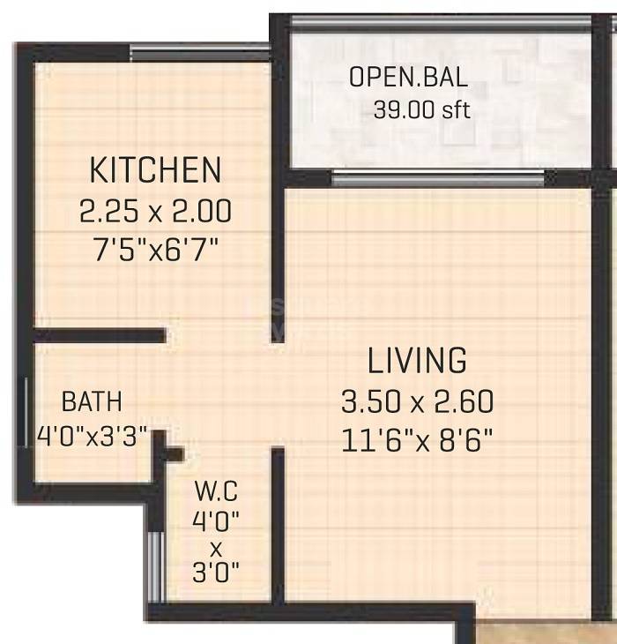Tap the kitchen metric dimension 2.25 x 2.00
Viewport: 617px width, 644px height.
tap(156, 212)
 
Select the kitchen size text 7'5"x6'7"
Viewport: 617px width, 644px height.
tap(156, 251)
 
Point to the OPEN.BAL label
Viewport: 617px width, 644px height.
tap(408, 77)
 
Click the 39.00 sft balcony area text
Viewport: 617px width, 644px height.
tap(422, 110)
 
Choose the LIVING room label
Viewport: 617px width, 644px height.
tap(417, 361)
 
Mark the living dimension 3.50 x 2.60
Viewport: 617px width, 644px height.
tap(417, 402)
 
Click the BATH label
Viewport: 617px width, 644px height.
tap(92, 402)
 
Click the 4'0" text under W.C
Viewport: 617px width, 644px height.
tap(216, 520)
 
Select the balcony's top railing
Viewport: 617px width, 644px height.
tap(437, 22)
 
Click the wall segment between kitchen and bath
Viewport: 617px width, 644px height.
tap(100, 335)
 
